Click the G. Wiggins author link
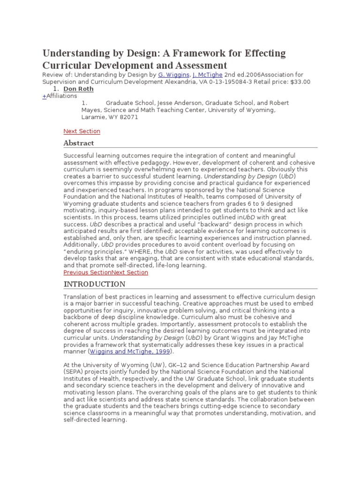173,75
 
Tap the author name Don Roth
78,89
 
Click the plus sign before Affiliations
44,96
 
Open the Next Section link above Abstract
82,131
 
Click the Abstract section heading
79,143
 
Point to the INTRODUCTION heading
94,284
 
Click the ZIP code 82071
129,117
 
